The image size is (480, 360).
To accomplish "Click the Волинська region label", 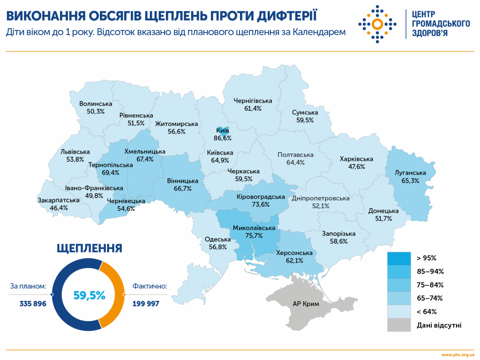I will tap(96, 104).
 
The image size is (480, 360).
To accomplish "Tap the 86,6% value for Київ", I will tap(223, 138).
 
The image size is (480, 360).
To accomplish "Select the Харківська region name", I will tap(356, 159).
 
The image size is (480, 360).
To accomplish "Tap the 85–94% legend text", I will tap(430, 271).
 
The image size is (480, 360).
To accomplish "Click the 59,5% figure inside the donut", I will tap(89, 295).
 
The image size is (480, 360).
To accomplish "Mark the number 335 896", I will tap(33, 304).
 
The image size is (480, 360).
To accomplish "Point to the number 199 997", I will tap(146, 304).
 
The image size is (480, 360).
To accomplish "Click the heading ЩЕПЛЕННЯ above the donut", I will tap(89, 248).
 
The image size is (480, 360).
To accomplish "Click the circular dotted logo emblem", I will tap(377, 24).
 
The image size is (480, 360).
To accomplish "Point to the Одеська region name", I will tap(217, 240).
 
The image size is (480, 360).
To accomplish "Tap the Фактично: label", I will tap(150, 286).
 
